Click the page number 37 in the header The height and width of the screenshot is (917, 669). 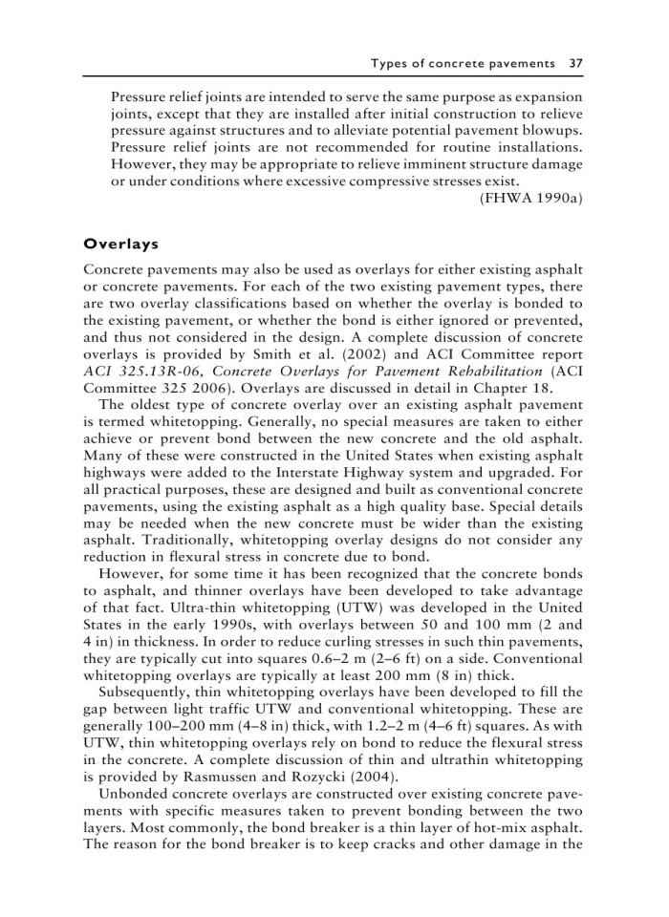574,63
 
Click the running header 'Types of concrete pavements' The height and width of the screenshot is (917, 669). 464,63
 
